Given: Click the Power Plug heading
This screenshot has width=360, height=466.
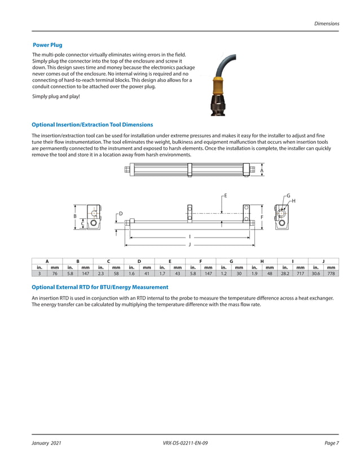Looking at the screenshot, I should point(47,45).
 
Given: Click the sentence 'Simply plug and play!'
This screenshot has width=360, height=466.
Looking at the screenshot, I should point(56,96).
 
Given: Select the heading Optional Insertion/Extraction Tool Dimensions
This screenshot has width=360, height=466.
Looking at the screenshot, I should point(92,125).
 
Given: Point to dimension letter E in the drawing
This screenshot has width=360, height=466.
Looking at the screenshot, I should point(225,195).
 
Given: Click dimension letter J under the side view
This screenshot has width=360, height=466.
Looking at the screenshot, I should point(190,245).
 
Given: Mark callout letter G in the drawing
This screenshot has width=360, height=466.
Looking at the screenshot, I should point(288,195).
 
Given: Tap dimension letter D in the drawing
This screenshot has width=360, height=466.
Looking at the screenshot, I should point(121,213).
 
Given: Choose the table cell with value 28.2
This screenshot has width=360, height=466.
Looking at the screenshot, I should point(285,274).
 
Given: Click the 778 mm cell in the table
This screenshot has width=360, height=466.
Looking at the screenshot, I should point(331,274).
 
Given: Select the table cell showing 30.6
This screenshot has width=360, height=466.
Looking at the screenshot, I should point(315,274).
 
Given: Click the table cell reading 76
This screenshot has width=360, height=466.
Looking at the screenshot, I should point(55,274).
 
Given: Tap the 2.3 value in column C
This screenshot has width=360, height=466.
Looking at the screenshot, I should point(101,274).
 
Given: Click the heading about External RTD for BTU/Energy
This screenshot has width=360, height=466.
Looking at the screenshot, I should point(100,287).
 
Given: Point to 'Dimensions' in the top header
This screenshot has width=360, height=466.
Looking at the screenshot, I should point(327,24).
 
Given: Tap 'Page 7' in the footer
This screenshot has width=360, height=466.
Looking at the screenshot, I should point(332,443).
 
